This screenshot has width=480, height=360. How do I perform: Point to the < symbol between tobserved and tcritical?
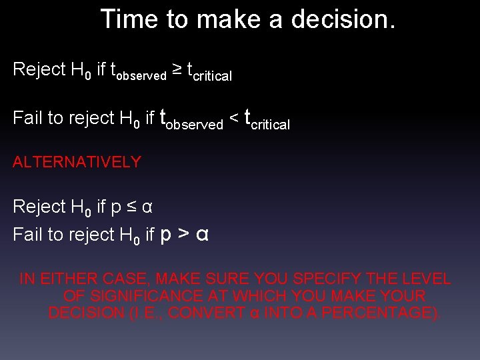click(234, 118)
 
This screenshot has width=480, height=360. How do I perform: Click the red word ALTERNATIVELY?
click(77, 161)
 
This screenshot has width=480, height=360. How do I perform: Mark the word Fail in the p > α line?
click(26, 234)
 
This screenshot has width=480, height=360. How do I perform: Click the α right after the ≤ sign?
click(148, 207)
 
